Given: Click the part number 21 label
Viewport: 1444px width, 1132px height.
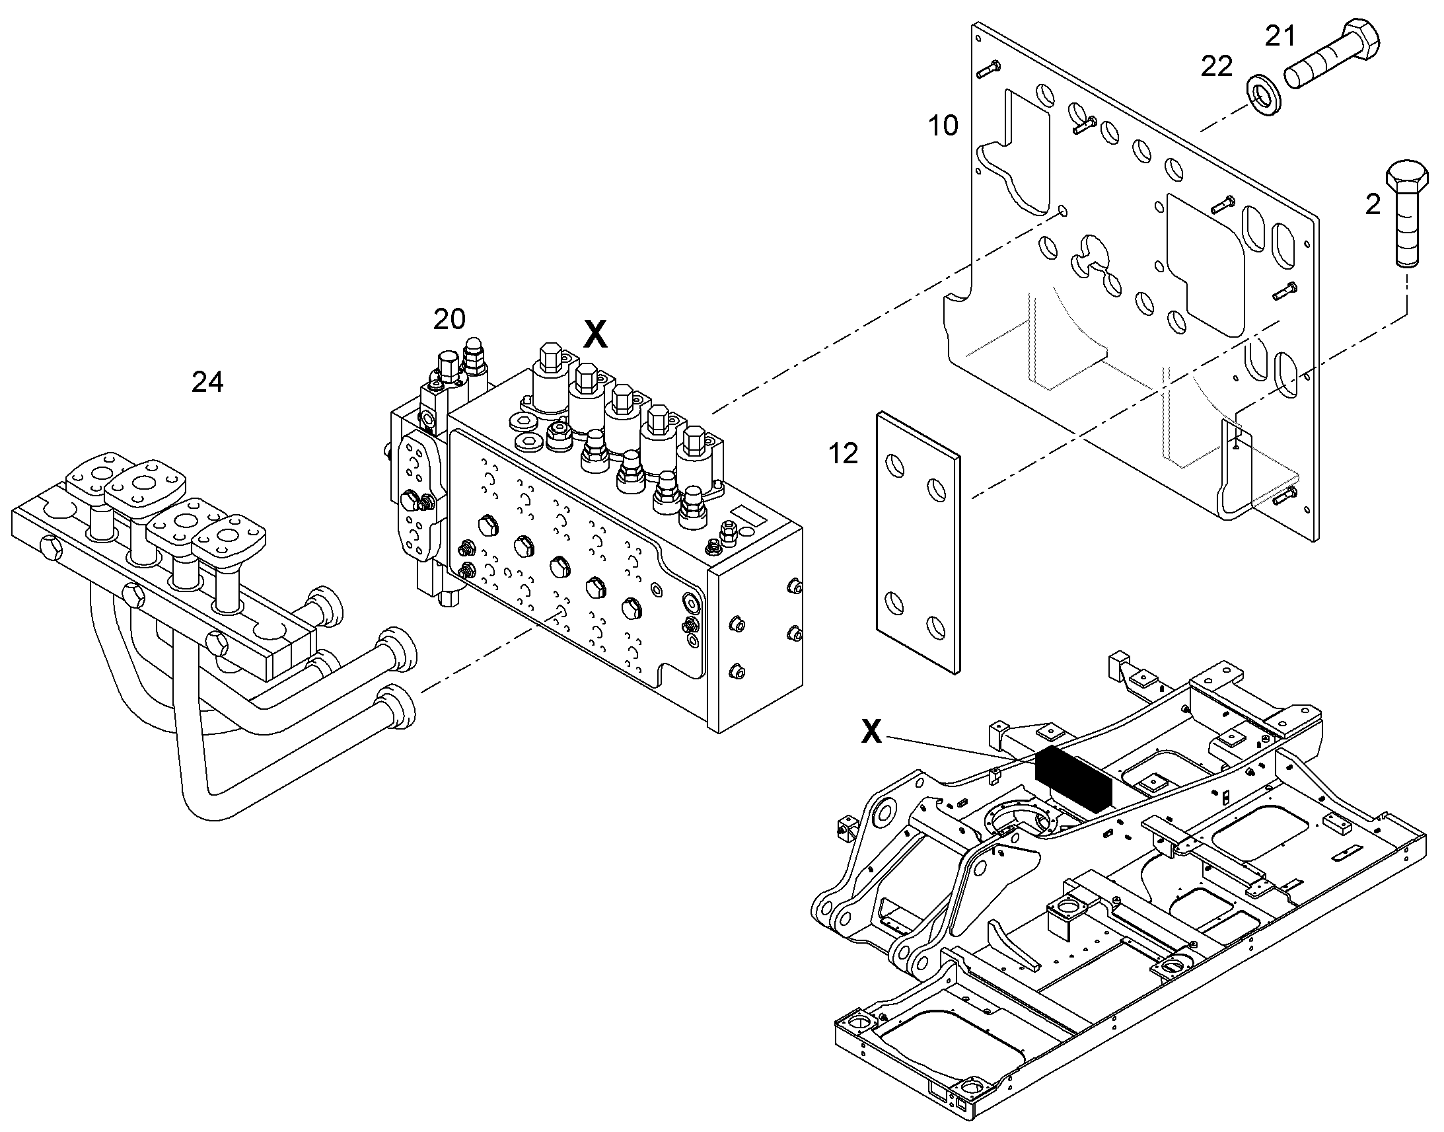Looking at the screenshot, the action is pyautogui.click(x=1280, y=36).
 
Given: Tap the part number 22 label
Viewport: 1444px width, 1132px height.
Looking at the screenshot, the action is pyautogui.click(x=1217, y=66).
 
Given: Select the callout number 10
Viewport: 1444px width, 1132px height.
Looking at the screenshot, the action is pyautogui.click(x=943, y=126).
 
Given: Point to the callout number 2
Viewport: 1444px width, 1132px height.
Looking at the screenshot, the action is pyautogui.click(x=1373, y=205).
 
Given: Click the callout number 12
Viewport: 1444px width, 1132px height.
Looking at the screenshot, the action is pyautogui.click(x=844, y=453).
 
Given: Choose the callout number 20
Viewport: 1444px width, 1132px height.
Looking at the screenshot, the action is pyautogui.click(x=450, y=319).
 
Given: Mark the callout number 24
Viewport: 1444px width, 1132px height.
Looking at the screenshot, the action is pyautogui.click(x=207, y=382).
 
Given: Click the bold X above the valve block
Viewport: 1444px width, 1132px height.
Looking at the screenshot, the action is pyautogui.click(x=595, y=334).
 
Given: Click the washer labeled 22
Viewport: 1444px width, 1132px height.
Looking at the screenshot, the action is pyautogui.click(x=1262, y=94).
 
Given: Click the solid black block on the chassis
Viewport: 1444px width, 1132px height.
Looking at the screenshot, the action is pyautogui.click(x=1072, y=780).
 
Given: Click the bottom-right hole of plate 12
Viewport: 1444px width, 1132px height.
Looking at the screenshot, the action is pyautogui.click(x=937, y=626).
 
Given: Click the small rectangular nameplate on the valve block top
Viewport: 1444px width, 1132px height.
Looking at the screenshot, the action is pyautogui.click(x=746, y=517).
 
